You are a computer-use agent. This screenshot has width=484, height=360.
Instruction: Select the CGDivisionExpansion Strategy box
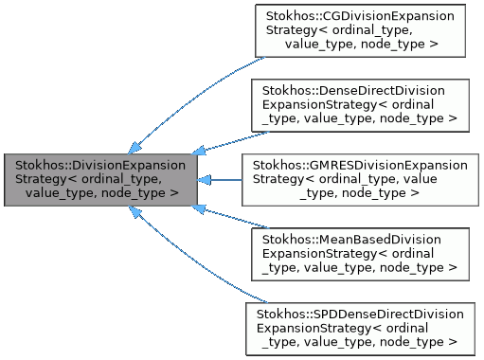point(360,31)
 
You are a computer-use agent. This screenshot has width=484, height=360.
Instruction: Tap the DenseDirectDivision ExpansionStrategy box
point(360,104)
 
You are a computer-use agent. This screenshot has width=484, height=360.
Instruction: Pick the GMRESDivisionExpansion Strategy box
point(360,178)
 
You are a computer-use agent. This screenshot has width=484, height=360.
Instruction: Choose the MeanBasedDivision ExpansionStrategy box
point(360,251)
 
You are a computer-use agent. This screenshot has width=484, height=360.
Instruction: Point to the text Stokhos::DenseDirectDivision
point(360,91)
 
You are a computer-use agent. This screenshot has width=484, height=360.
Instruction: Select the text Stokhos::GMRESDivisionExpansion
point(360,165)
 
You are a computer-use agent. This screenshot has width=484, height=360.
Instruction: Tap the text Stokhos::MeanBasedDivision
point(360,238)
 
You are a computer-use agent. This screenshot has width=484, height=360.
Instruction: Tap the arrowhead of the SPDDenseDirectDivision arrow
point(135,211)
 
